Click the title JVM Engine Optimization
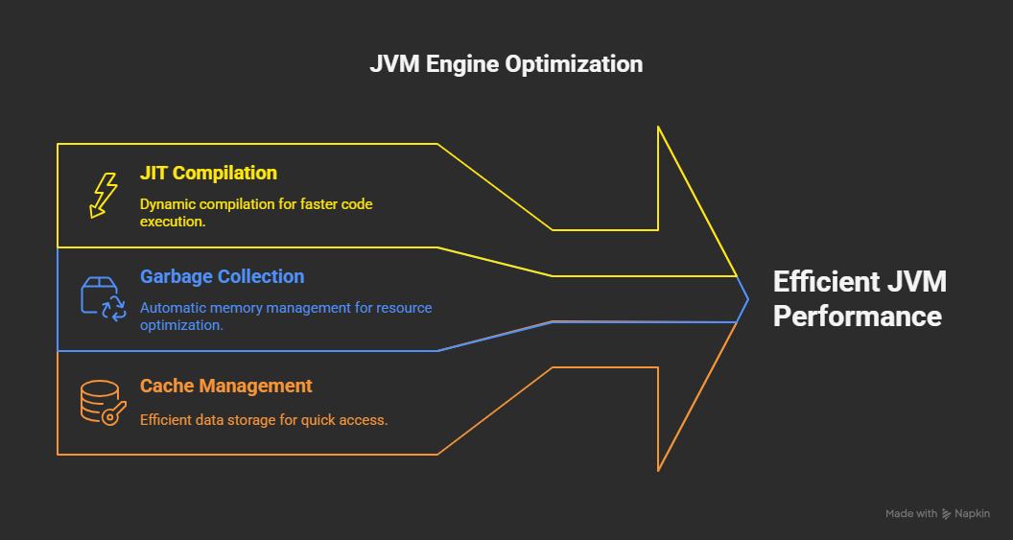[506, 64]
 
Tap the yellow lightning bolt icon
[103, 196]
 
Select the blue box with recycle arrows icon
[102, 298]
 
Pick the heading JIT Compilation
[208, 173]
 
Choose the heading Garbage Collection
[222, 276]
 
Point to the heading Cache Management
[225, 386]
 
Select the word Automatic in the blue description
[173, 308]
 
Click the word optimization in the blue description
[181, 325]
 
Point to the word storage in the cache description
[252, 419]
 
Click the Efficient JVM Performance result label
[859, 298]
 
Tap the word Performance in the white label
[857, 316]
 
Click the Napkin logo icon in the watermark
[947, 514]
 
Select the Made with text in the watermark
[910, 514]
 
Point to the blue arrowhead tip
[746, 299]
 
